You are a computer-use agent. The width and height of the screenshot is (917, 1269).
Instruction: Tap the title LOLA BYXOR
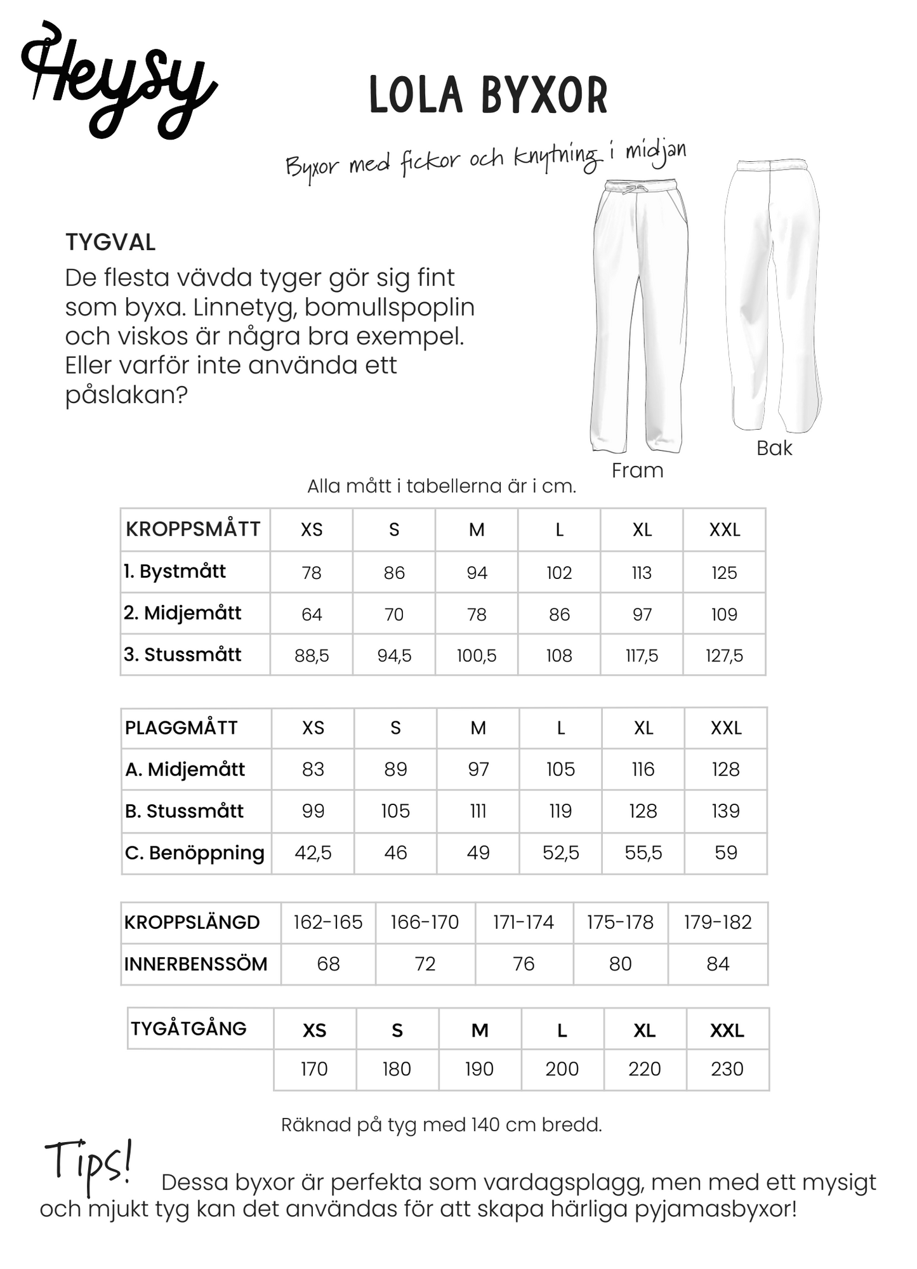[x=489, y=95]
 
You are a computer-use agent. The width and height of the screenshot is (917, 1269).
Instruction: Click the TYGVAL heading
[x=110, y=243]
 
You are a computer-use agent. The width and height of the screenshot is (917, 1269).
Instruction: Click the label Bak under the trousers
[x=774, y=448]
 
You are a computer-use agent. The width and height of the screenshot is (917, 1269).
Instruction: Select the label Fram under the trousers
[x=637, y=470]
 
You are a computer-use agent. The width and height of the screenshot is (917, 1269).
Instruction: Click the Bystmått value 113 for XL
[x=642, y=573]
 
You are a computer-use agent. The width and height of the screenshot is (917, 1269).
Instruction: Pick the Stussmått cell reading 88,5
[x=312, y=655]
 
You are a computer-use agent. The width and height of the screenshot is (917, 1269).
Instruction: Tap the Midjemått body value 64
[x=312, y=614]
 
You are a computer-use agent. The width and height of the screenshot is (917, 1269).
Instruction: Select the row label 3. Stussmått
[x=183, y=654]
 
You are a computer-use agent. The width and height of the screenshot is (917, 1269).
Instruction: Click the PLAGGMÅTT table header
[x=181, y=728]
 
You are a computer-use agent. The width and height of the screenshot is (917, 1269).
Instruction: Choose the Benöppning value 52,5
[x=560, y=853]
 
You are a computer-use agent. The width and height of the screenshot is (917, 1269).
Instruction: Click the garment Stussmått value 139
[x=725, y=811]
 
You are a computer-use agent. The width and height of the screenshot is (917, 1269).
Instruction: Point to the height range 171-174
[x=524, y=922]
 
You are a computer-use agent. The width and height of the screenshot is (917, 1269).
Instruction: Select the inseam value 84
[x=718, y=964]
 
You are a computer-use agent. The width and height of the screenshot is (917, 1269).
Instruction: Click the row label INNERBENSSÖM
[x=195, y=964]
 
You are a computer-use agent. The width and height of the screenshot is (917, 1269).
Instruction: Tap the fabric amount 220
[x=644, y=1069]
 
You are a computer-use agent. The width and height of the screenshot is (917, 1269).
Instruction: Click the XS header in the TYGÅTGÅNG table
[x=314, y=1030]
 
